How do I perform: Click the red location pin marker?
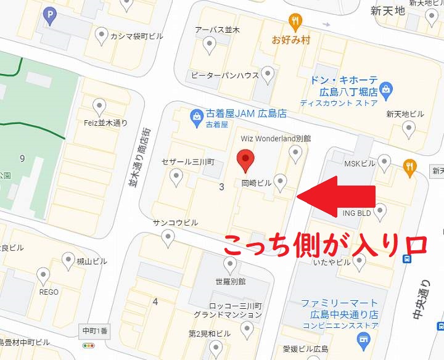click(x=246, y=161)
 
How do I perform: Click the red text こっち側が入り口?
click(x=324, y=245)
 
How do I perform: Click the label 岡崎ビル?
click(x=256, y=183)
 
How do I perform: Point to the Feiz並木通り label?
click(x=105, y=123)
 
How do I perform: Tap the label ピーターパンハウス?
click(x=224, y=76)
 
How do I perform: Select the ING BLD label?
click(x=357, y=213)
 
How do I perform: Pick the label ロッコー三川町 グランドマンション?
click(x=228, y=310)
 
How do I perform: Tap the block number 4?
click(x=155, y=301)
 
